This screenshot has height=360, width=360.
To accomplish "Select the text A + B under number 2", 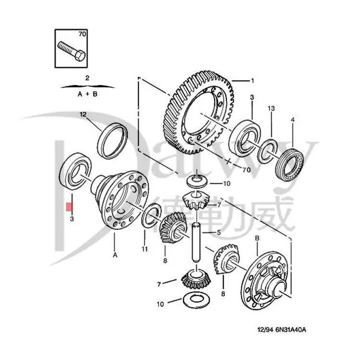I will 87,95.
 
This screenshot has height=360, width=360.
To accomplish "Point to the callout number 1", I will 253,80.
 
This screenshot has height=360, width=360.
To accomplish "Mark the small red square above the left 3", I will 69,207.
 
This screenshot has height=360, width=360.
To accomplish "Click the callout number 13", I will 271,109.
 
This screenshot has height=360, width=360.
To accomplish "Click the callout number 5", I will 218,233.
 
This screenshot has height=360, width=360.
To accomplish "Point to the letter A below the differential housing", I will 115,255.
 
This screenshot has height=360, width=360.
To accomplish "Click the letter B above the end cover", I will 257,239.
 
